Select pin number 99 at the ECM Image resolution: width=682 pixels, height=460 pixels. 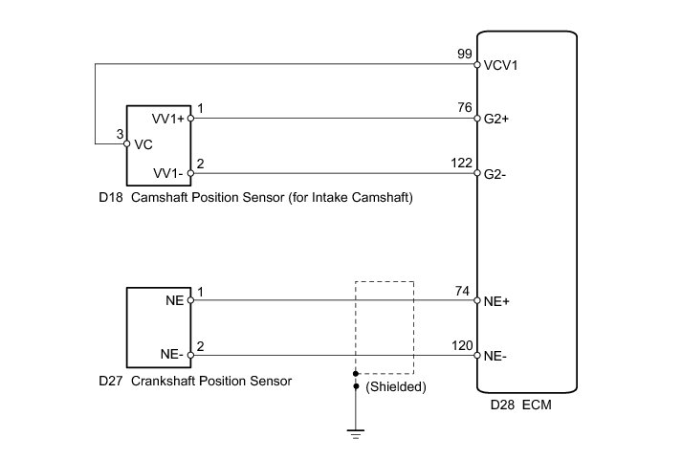[466, 55]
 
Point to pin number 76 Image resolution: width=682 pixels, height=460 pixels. [466, 109]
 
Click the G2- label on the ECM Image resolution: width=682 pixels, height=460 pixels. [496, 174]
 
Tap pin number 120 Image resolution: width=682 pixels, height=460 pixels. [463, 344]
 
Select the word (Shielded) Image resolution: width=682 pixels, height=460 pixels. [395, 387]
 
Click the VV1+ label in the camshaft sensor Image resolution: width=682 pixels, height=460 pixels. [168, 120]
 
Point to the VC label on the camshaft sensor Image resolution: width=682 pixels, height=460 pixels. [143, 144]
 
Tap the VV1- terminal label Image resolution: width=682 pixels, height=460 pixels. [168, 174]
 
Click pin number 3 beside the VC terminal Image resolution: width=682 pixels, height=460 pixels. [120, 135]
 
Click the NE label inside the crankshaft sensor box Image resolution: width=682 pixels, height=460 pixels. [174, 300]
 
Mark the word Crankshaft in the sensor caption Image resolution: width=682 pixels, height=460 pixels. [167, 381]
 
